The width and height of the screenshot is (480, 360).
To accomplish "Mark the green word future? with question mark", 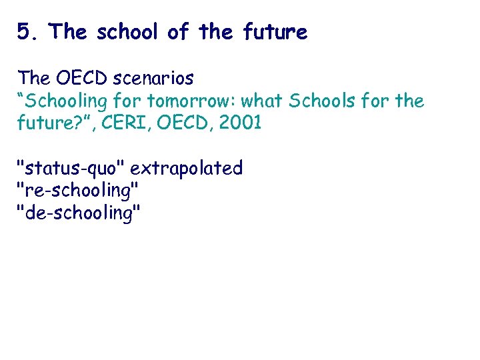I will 47,124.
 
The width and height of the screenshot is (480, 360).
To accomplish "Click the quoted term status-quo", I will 70,169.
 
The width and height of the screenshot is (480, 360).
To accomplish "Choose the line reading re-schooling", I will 77,191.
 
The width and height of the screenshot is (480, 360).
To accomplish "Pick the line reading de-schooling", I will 78,213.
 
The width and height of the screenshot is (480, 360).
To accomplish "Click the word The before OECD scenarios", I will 33,79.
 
